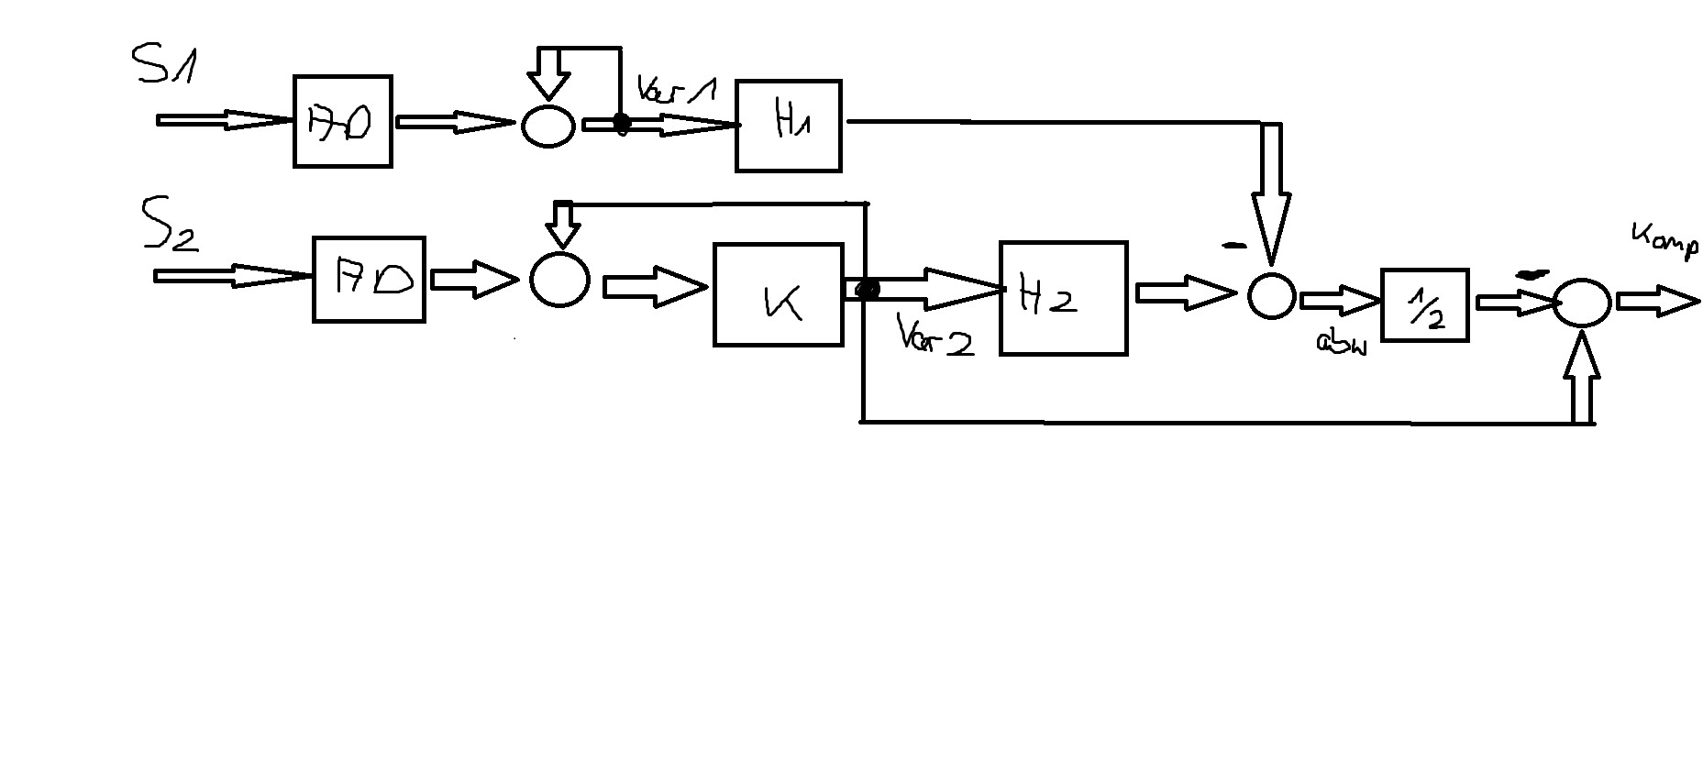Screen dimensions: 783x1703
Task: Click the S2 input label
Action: [169, 226]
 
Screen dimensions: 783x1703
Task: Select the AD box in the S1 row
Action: [342, 122]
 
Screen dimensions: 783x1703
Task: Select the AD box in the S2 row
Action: [369, 280]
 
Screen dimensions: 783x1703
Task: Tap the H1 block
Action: [789, 126]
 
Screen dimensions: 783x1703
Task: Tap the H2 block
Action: [1063, 298]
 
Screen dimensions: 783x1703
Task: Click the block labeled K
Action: [778, 295]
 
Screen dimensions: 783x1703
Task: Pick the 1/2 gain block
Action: [1424, 305]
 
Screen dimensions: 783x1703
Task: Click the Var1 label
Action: [676, 92]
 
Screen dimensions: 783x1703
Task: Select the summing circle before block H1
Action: [548, 126]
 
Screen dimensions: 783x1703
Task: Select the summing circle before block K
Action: [559, 280]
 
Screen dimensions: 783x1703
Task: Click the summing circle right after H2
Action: [1271, 295]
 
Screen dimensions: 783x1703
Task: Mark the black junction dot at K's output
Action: [866, 290]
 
